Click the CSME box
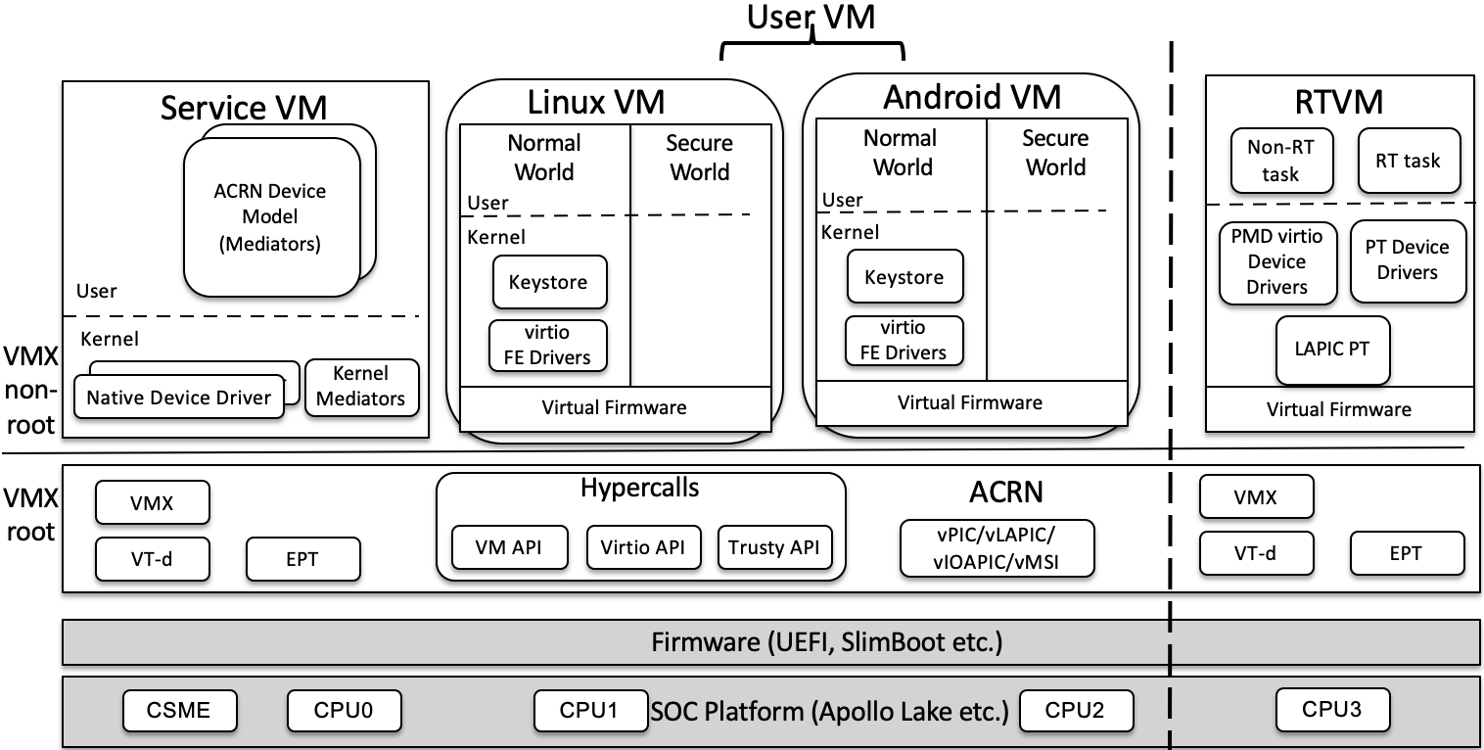tap(180, 710)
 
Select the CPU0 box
tap(345, 710)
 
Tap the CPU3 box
tap(1332, 708)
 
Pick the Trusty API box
tap(774, 547)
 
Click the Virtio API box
tap(643, 547)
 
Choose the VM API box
tap(510, 547)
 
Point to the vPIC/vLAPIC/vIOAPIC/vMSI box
tap(997, 547)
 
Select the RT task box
tap(1409, 161)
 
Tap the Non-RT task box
tap(1280, 161)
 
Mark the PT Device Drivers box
tap(1407, 260)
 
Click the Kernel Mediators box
tap(361, 387)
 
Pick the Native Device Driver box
tap(179, 398)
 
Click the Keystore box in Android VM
tap(904, 277)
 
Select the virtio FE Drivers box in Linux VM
tap(548, 346)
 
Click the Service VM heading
tap(244, 107)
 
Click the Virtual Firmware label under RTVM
tap(1339, 409)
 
